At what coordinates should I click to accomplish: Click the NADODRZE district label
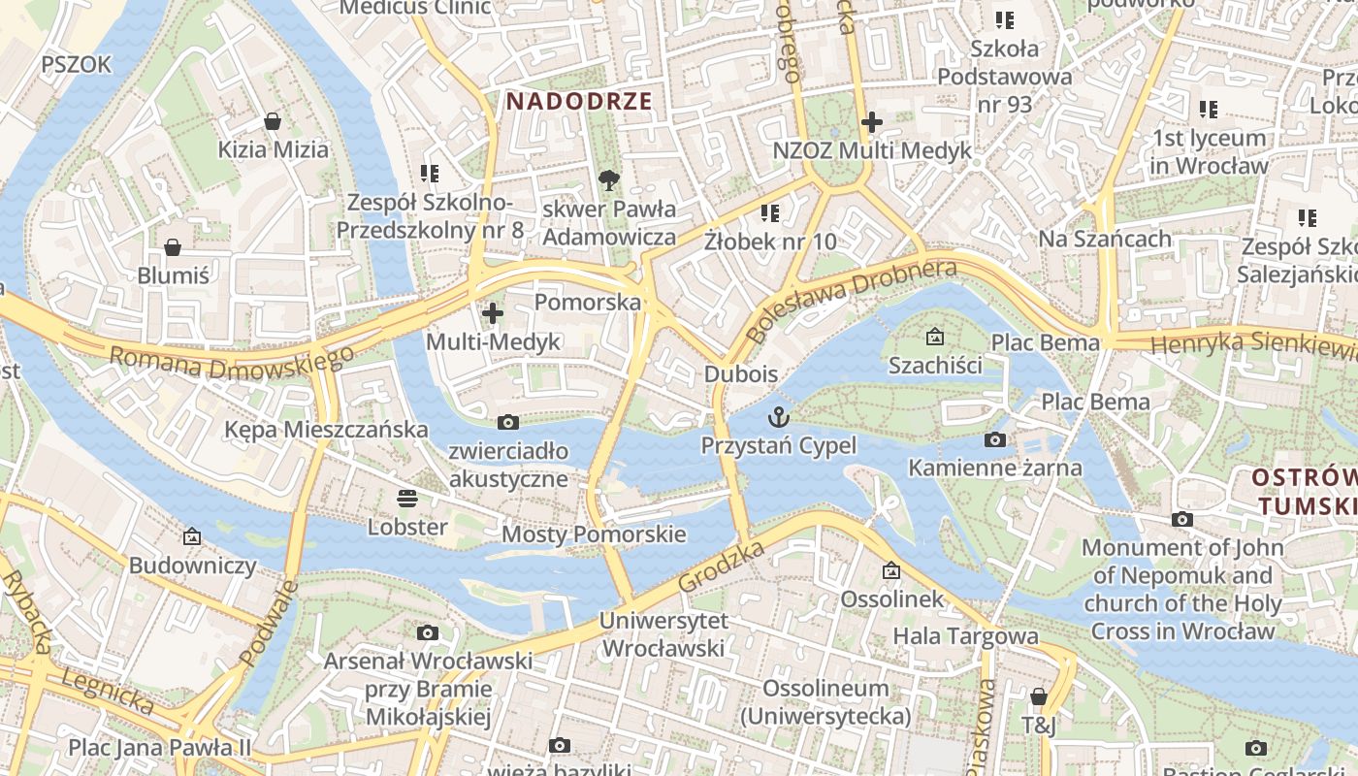tap(579, 101)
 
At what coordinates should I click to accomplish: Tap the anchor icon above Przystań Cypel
tap(778, 418)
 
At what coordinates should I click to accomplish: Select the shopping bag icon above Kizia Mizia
tap(273, 122)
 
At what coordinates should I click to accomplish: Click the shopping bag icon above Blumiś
tap(173, 247)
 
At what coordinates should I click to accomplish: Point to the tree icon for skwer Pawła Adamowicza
tap(609, 179)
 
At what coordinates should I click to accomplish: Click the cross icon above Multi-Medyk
tap(493, 313)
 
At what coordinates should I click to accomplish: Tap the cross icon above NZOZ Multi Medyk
tap(871, 122)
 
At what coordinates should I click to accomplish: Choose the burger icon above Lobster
tap(407, 499)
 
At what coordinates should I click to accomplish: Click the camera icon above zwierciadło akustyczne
tap(507, 422)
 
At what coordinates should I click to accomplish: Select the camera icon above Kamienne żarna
tap(994, 440)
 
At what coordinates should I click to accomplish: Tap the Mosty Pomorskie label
tap(594, 534)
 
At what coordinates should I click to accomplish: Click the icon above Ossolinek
tap(891, 570)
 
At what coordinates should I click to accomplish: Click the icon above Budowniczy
tap(192, 536)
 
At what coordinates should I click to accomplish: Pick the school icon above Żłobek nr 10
tap(770, 212)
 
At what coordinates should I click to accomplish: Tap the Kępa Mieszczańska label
tap(326, 429)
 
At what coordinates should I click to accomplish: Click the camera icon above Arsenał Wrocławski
tap(427, 633)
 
